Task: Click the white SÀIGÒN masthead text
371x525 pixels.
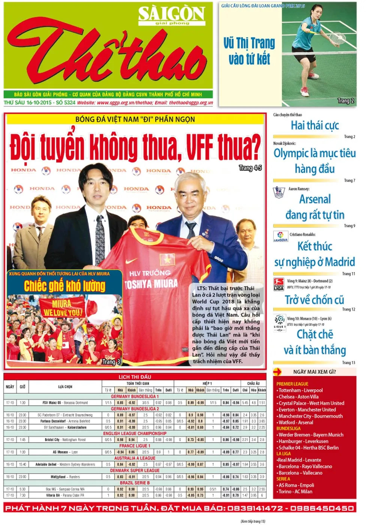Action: pos(171,14)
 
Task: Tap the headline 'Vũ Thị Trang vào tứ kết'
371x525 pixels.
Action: pos(249,51)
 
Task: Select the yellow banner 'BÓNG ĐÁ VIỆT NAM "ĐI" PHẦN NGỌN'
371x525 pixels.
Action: pos(135,119)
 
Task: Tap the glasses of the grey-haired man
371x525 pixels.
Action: pos(190,189)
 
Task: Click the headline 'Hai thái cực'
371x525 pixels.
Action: pos(314,125)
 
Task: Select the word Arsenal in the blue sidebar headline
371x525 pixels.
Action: pos(315,199)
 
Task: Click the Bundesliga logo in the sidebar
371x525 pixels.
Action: pos(278,284)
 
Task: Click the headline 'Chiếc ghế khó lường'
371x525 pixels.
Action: pos(65,286)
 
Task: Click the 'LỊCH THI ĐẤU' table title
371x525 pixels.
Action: pos(135,377)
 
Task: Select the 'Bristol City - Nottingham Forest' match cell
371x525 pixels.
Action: pos(65,439)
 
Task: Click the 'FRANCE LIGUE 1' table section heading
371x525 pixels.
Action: pos(135,446)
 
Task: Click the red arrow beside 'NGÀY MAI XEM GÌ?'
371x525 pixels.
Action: pos(278,372)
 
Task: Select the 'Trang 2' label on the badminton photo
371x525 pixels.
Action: pos(345,100)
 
